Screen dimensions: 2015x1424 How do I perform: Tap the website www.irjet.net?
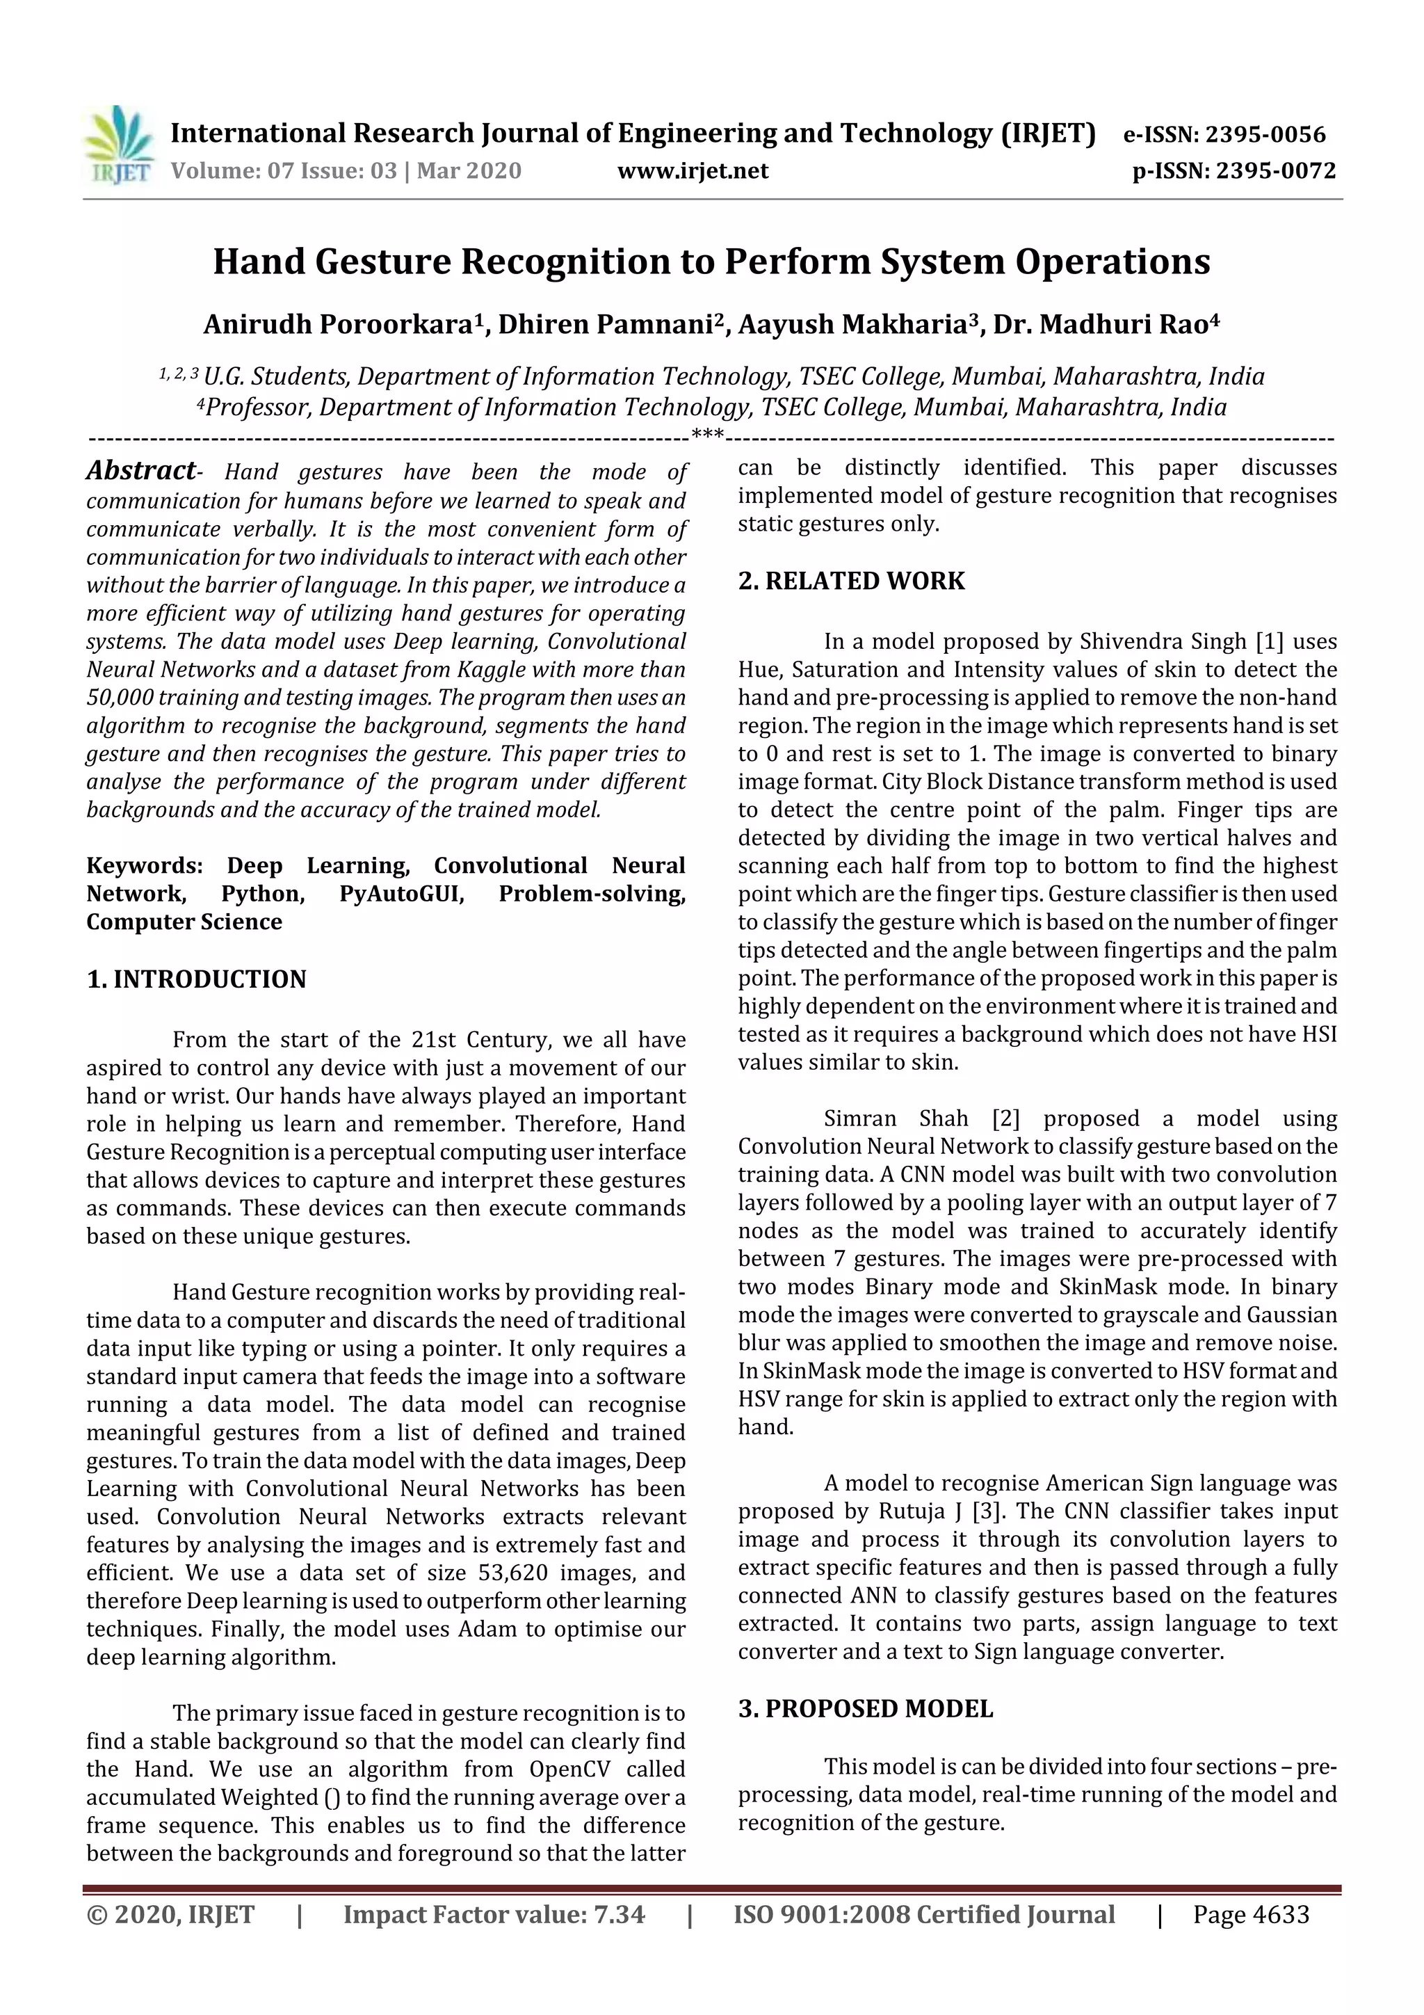click(x=693, y=170)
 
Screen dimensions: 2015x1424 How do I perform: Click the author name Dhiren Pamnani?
click(x=606, y=325)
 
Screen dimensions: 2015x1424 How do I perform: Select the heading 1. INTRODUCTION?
click(x=197, y=979)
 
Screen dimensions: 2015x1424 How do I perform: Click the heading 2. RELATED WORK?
click(x=851, y=581)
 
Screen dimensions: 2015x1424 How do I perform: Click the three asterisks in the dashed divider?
click(x=707, y=435)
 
